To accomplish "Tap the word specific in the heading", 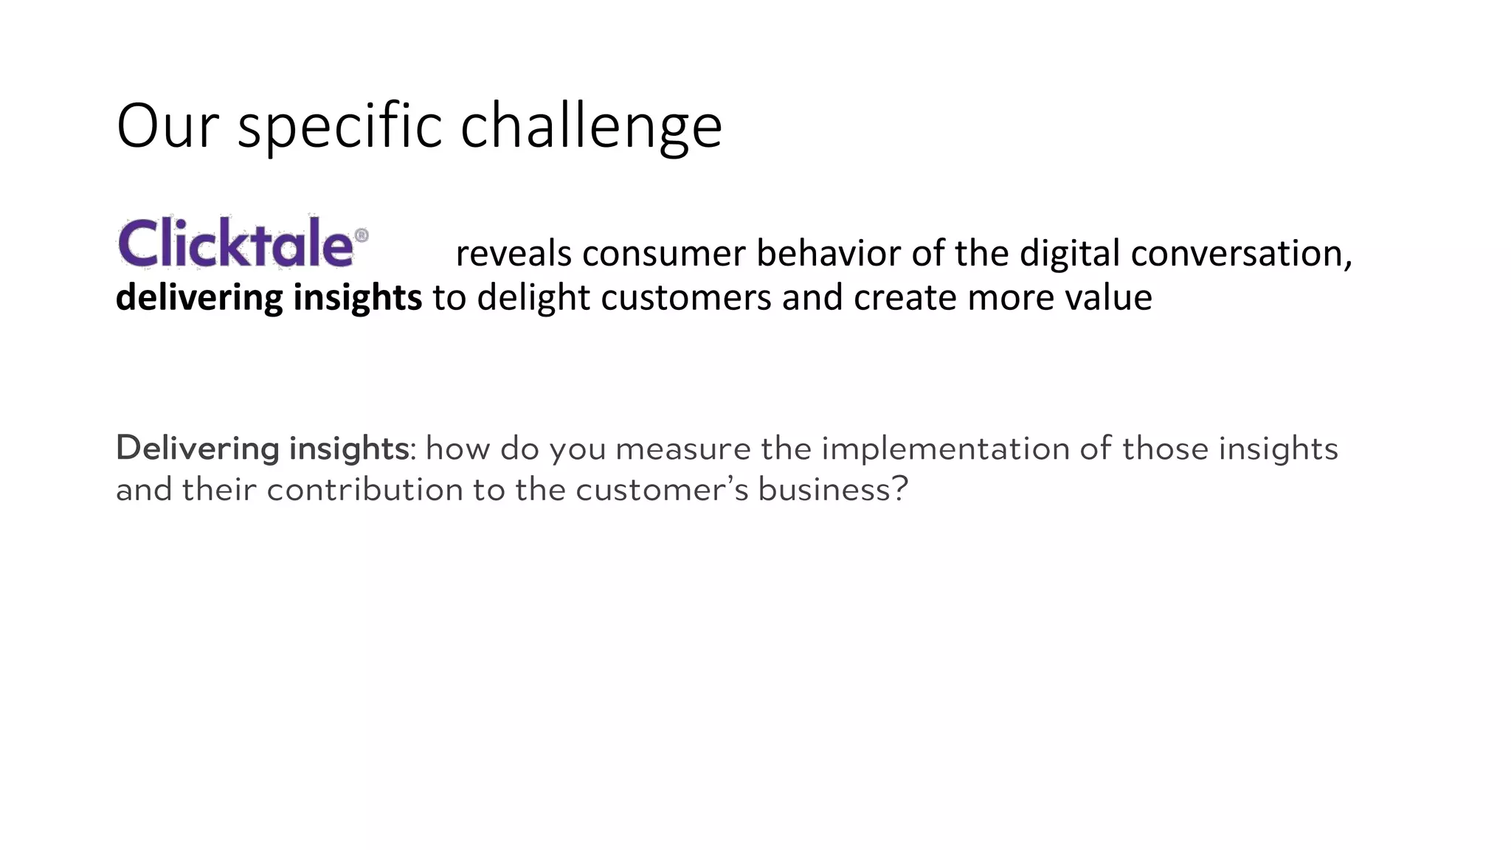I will click(x=339, y=126).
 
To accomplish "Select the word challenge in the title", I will click(x=591, y=126).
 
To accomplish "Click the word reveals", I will click(x=514, y=253).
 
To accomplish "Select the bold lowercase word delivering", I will click(x=199, y=297).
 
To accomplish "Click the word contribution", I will click(x=364, y=490).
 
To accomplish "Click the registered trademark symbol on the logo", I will click(x=362, y=235).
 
